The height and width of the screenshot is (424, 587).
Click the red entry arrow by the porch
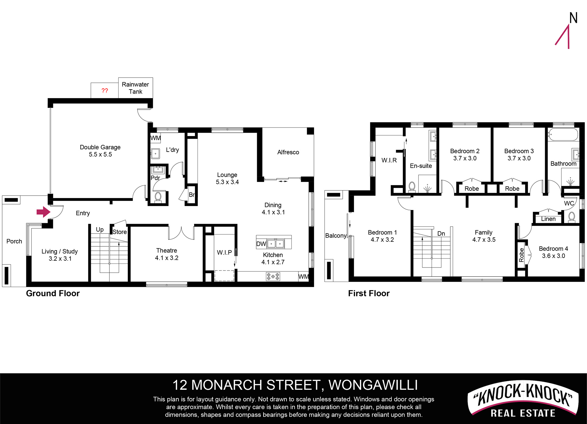[43, 212]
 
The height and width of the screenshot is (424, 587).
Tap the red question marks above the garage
[105, 91]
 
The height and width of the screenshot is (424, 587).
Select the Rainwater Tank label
[135, 88]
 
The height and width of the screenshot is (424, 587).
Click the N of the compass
[573, 18]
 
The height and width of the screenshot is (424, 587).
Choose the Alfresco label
[288, 152]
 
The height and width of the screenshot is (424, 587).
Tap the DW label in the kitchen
[261, 244]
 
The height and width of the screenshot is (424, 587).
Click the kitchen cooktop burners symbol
[273, 277]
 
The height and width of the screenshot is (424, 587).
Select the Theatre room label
[167, 251]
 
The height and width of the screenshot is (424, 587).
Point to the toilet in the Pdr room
[158, 197]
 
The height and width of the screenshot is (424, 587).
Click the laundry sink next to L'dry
[156, 153]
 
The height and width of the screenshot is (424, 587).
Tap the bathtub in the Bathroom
[563, 135]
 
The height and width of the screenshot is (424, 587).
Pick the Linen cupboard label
[548, 219]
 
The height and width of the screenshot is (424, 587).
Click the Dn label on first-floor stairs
[441, 234]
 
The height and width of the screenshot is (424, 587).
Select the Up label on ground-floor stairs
[100, 230]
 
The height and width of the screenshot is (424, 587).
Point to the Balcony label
[336, 236]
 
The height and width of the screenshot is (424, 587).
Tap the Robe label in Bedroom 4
[521, 255]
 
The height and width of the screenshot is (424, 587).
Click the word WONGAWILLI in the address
[373, 385]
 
